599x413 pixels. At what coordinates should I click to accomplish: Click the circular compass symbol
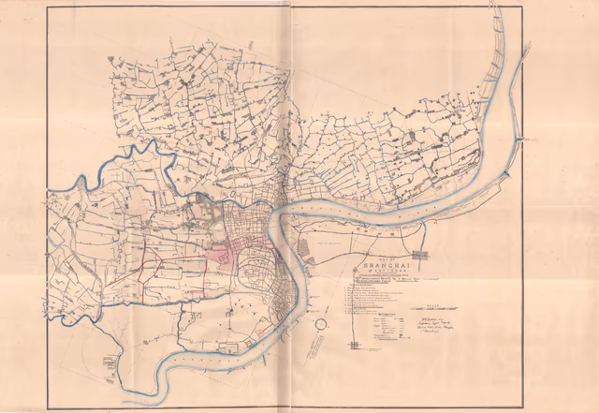tap(320, 324)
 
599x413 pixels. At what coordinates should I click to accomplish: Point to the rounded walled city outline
tap(255, 273)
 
